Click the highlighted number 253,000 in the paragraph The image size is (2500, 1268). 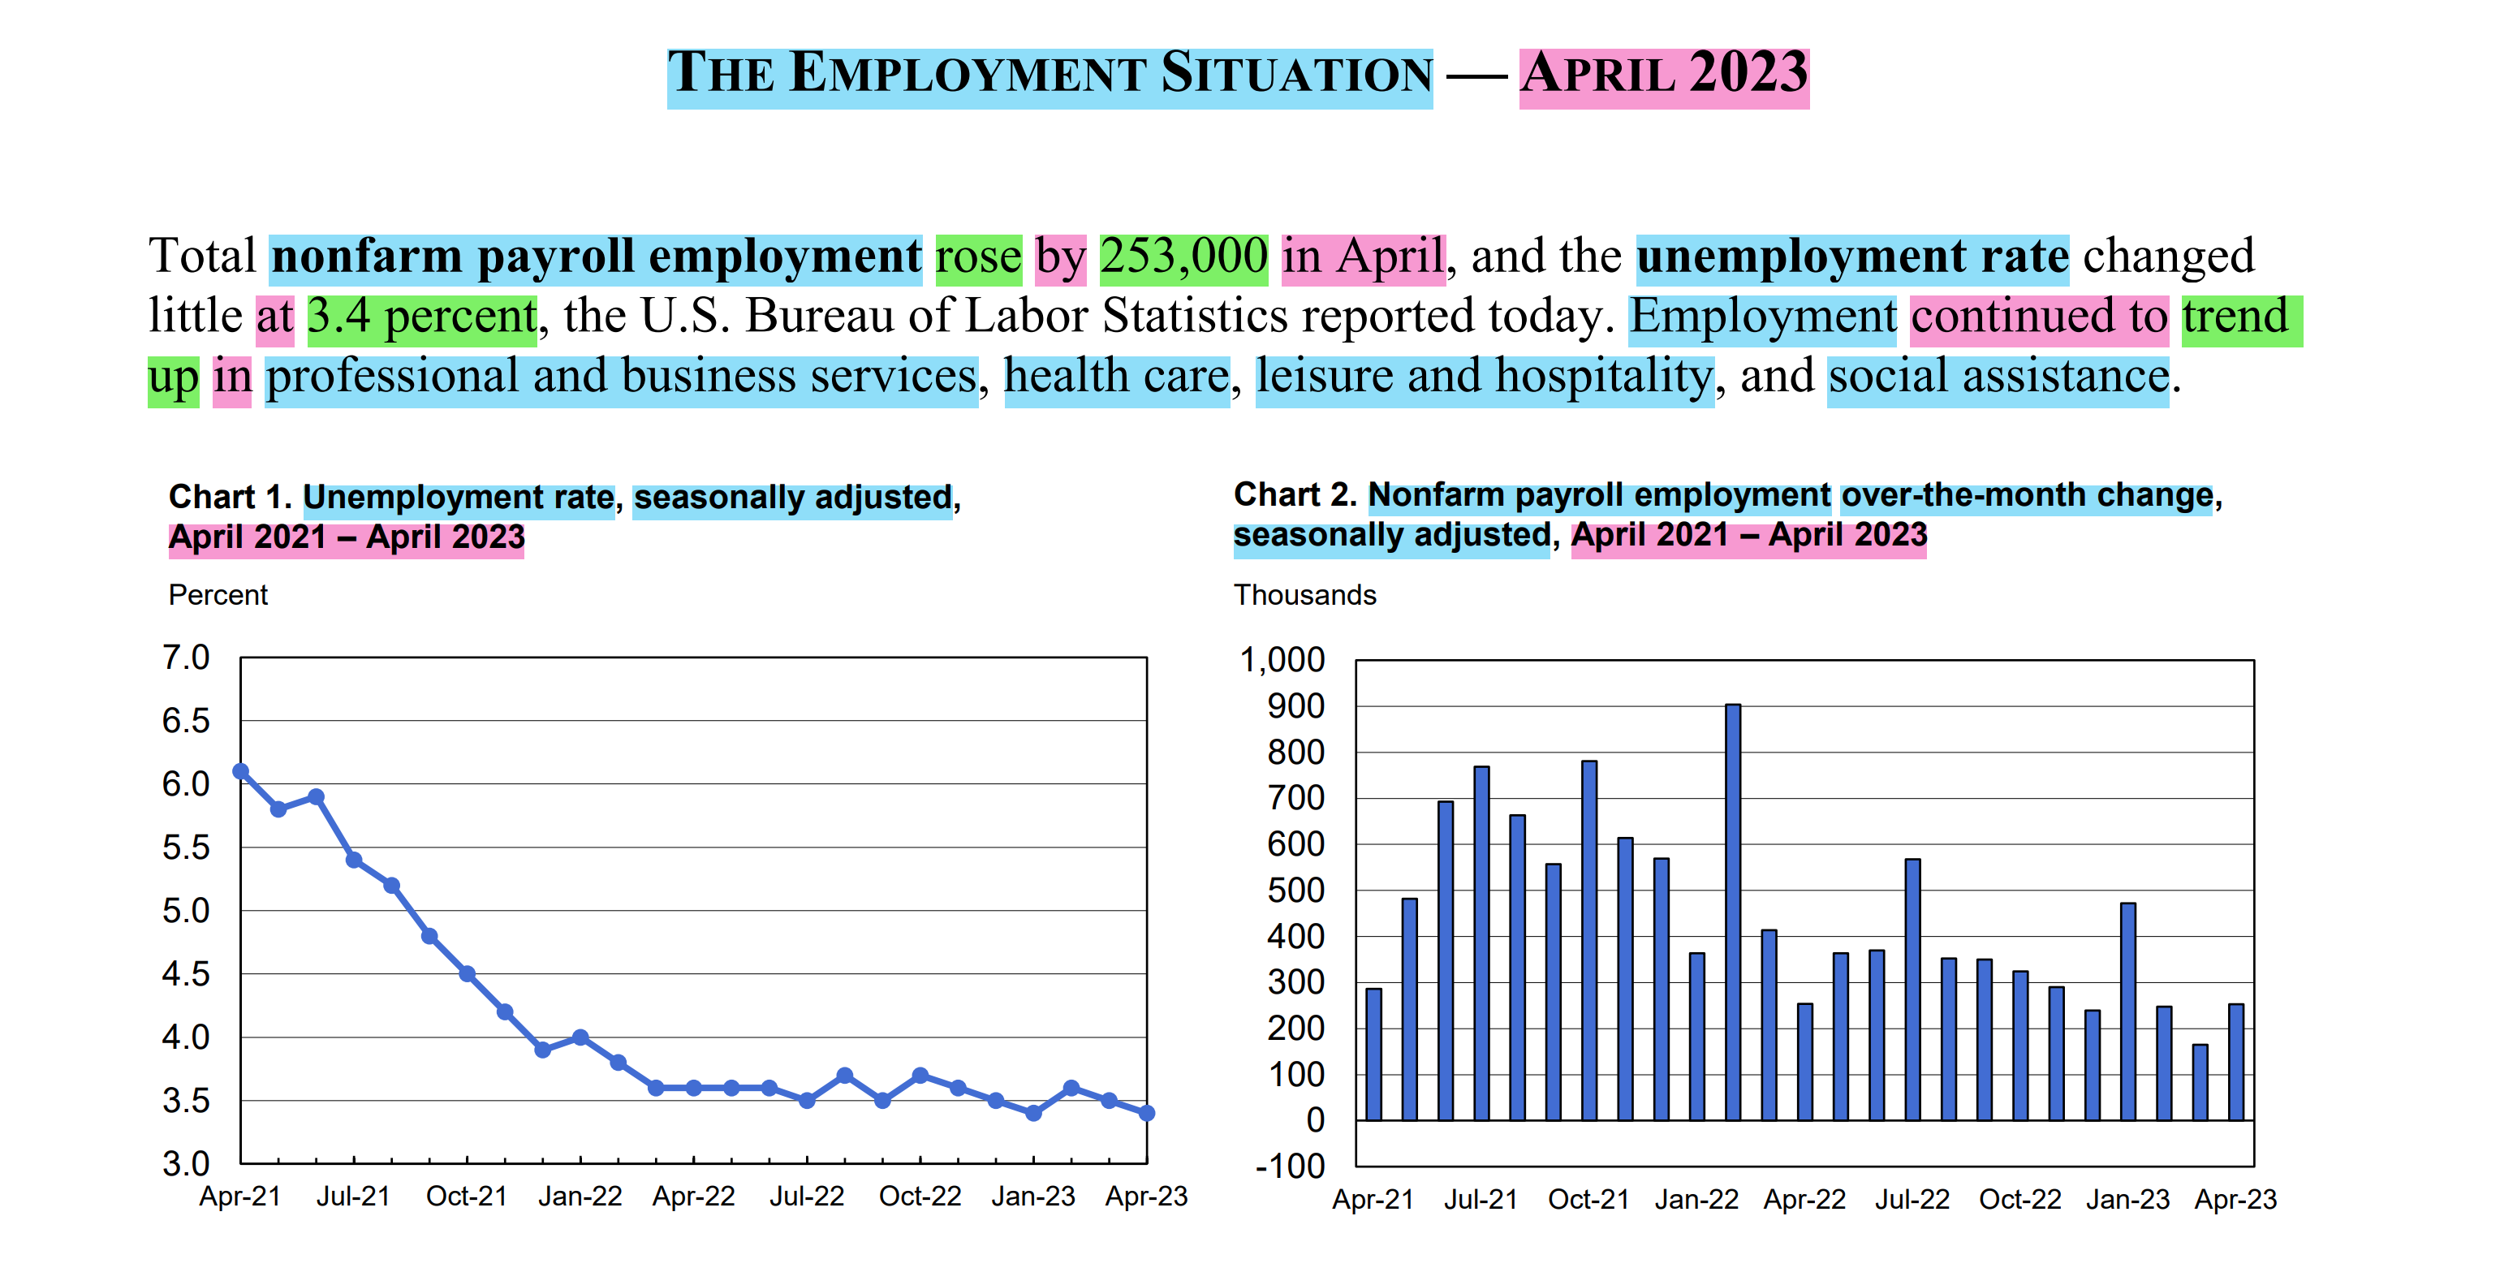click(x=1183, y=258)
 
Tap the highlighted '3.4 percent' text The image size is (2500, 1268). click(x=421, y=317)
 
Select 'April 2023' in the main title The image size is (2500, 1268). click(x=1663, y=75)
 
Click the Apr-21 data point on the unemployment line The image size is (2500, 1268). click(x=241, y=771)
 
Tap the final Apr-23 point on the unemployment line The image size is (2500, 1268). click(x=1146, y=1113)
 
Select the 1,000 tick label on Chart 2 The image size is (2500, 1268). click(x=1281, y=660)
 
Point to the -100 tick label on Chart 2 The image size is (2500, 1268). click(x=1290, y=1165)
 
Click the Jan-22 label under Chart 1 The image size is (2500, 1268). click(x=580, y=1196)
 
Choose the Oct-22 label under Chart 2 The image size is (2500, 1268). click(x=2019, y=1199)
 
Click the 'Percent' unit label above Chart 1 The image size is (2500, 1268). click(x=218, y=595)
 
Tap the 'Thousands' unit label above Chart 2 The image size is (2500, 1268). click(x=1304, y=595)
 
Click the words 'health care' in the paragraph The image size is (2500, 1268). click(x=1116, y=377)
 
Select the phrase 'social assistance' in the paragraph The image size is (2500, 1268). click(x=1998, y=377)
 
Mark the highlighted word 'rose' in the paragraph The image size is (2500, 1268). click(x=978, y=258)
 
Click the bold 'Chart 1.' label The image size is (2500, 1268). click(x=230, y=497)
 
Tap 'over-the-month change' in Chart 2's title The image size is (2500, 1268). click(x=2027, y=496)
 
